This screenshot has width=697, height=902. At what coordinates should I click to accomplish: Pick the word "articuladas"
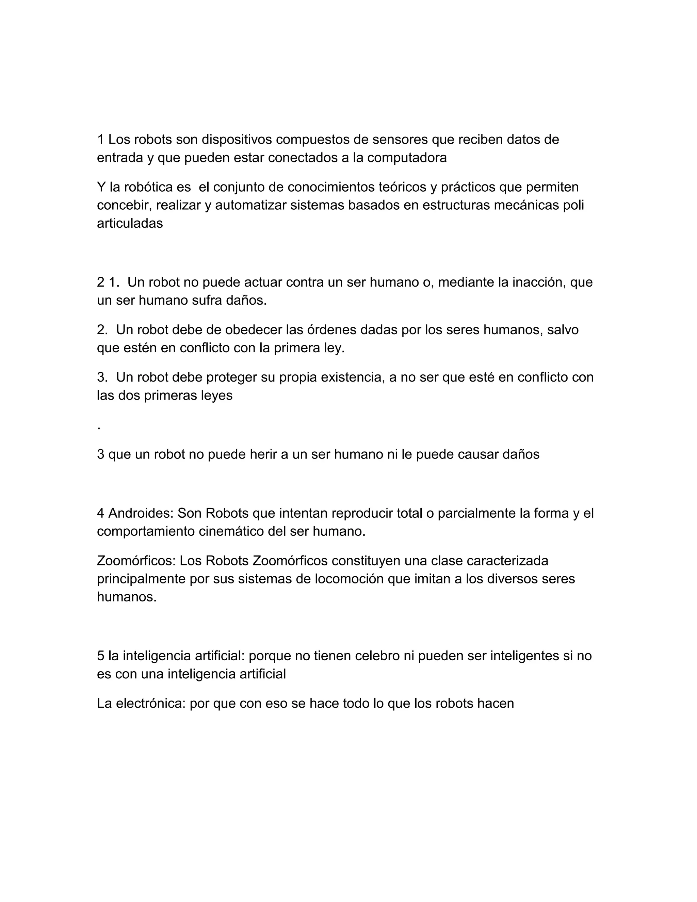click(x=130, y=223)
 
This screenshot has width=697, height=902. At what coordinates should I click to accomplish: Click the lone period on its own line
click(x=99, y=428)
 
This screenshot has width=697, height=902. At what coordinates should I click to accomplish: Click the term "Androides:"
click(x=141, y=513)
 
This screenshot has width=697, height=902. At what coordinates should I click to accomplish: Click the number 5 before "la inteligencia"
click(x=100, y=656)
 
